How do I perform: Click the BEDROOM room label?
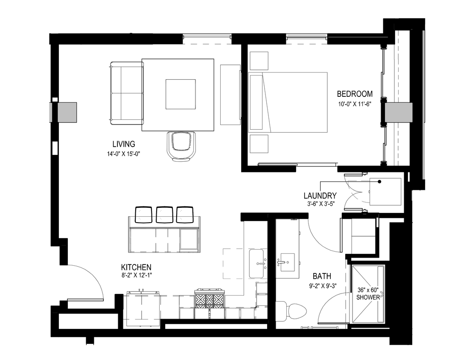pos(355,94)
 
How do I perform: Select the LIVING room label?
pos(124,144)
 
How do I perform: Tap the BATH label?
pos(322,276)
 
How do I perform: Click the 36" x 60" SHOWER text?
pos(367,293)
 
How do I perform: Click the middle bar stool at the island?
pos(164,215)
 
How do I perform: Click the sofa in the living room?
pos(126,93)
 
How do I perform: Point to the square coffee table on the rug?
pos(181,94)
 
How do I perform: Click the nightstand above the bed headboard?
pos(259,60)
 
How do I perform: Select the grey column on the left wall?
pos(64,113)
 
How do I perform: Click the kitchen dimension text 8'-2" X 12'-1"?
pos(136,275)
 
